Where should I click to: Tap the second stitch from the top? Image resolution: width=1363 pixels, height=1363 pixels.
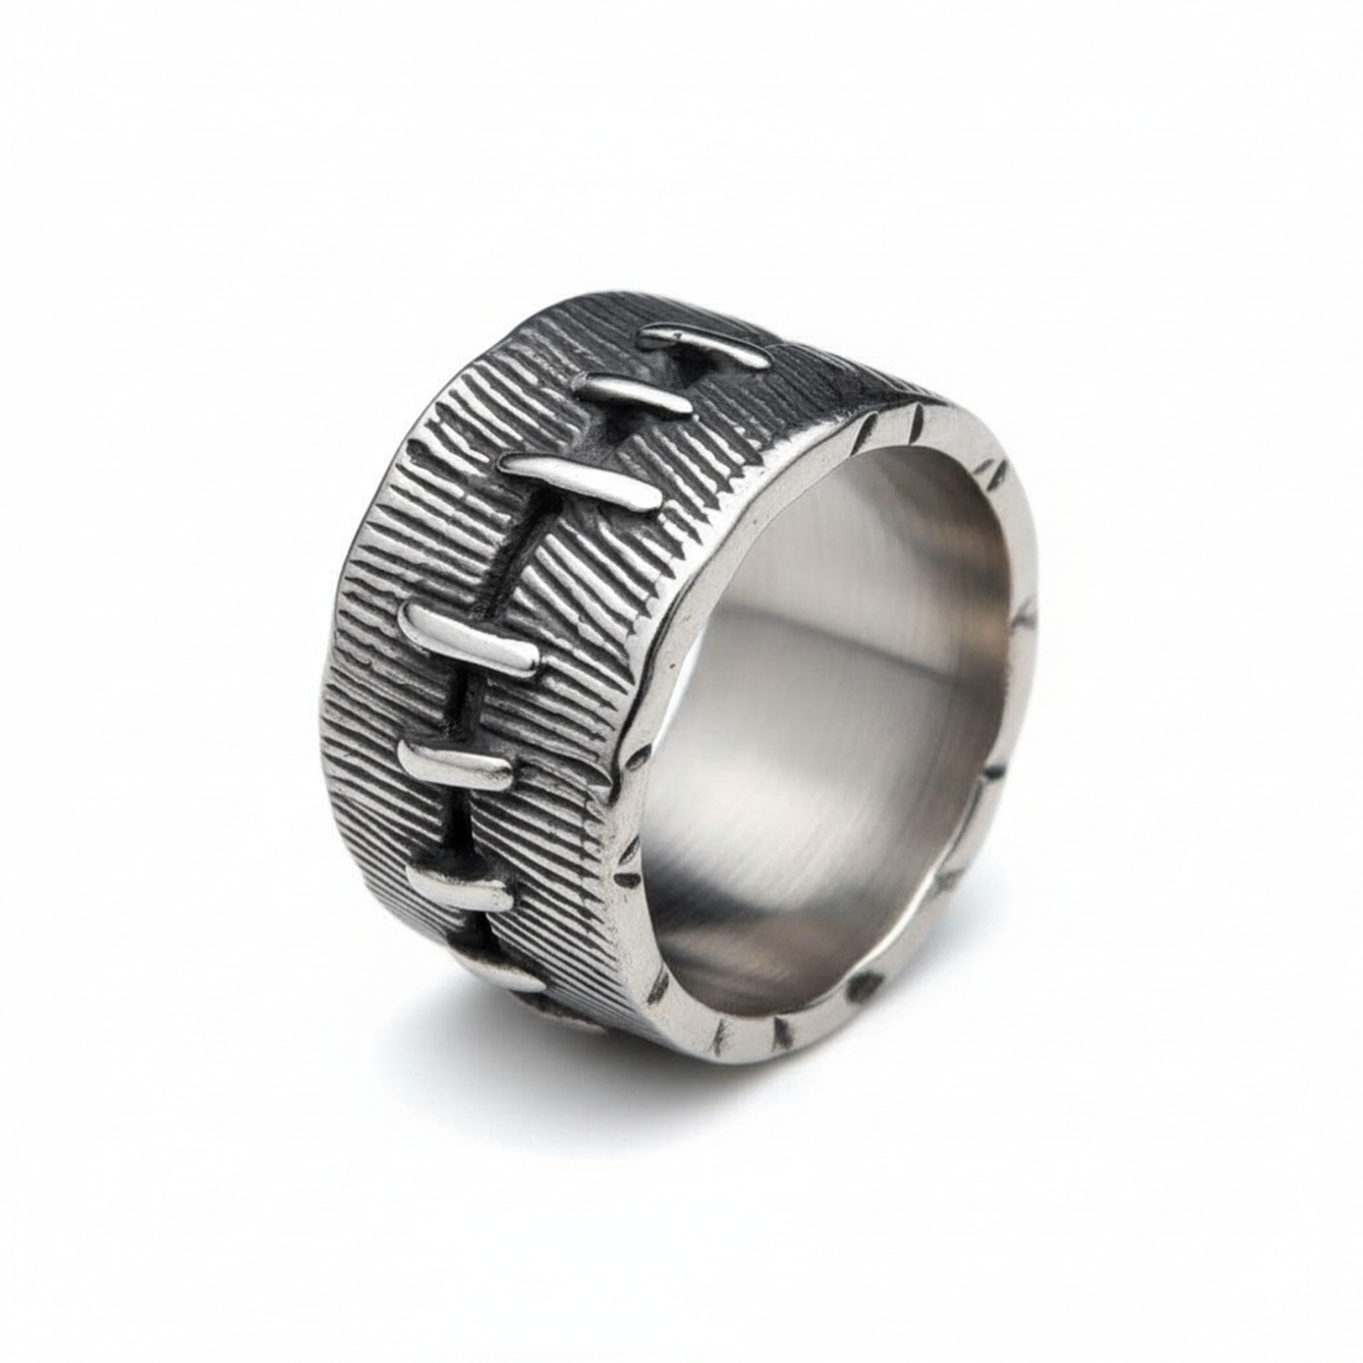641,392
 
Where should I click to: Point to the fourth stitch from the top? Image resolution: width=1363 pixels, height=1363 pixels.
480,641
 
